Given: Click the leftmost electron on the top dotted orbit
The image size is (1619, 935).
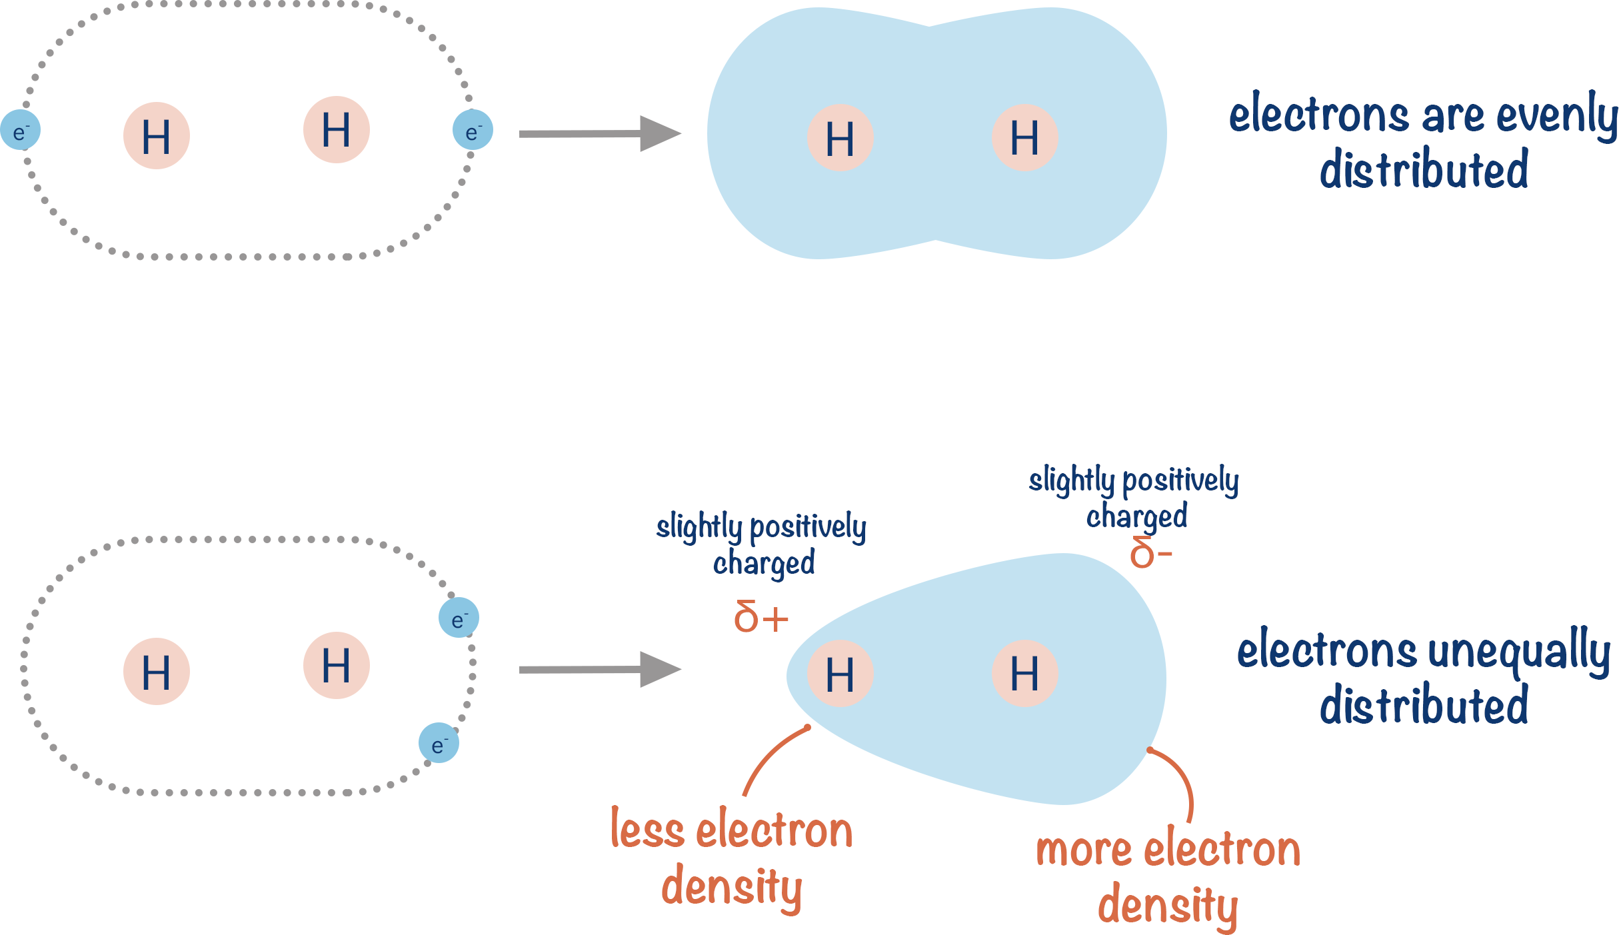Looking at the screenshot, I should tap(20, 131).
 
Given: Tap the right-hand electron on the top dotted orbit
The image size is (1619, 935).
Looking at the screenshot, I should tap(473, 130).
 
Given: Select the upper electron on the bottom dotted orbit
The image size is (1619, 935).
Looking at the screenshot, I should tap(459, 618).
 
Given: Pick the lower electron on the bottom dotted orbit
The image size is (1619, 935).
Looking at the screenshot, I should tap(439, 742).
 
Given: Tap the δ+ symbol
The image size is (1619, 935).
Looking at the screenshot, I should tap(761, 617).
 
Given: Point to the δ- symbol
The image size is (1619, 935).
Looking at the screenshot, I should tap(1150, 553).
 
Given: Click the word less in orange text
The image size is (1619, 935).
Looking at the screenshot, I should tap(647, 830).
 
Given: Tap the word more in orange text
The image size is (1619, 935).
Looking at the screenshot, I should tap(1084, 850).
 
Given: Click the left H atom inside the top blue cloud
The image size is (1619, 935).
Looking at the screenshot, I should tap(840, 138).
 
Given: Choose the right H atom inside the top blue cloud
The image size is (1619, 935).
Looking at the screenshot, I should tap(1024, 138).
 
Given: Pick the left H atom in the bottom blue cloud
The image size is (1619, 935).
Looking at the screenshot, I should tap(840, 674).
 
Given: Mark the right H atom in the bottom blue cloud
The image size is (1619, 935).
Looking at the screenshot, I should tap(1024, 674).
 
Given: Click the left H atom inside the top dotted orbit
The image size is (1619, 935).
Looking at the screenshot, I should tap(157, 136).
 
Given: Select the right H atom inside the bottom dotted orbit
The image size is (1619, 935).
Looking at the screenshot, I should tap(336, 665).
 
